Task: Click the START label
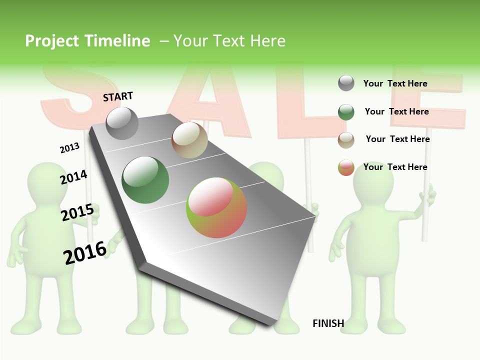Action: [118, 96]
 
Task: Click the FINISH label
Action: [328, 323]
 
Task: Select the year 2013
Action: [69, 147]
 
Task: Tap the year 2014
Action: [73, 177]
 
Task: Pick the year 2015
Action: [77, 212]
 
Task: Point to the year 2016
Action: [85, 252]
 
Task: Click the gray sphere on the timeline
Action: [122, 123]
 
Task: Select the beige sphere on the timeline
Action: [189, 140]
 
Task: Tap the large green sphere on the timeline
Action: [145, 180]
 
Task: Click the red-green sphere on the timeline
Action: [216, 207]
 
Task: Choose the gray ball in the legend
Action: [346, 83]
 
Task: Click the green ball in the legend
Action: [346, 112]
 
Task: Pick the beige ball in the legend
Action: [346, 140]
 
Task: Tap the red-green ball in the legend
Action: [346, 167]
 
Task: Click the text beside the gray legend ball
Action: [395, 83]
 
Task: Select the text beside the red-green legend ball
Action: [395, 167]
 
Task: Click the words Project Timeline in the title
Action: [87, 41]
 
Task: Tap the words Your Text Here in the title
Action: [229, 41]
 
